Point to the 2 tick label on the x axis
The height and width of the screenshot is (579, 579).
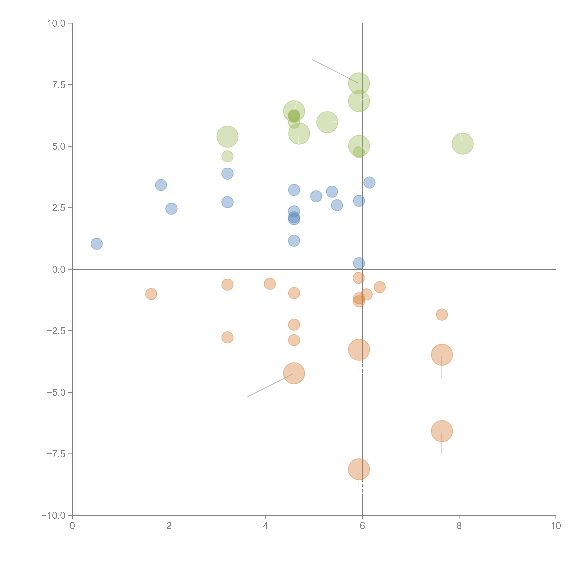169,526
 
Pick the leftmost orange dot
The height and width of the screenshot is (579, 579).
151,294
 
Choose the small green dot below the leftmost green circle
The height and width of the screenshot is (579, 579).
227,156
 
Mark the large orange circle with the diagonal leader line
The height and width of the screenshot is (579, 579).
294,373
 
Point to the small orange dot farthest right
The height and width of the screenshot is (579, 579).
442,314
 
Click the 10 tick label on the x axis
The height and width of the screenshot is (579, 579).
556,526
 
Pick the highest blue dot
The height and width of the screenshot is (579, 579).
227,173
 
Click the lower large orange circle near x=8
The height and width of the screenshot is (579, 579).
442,431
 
